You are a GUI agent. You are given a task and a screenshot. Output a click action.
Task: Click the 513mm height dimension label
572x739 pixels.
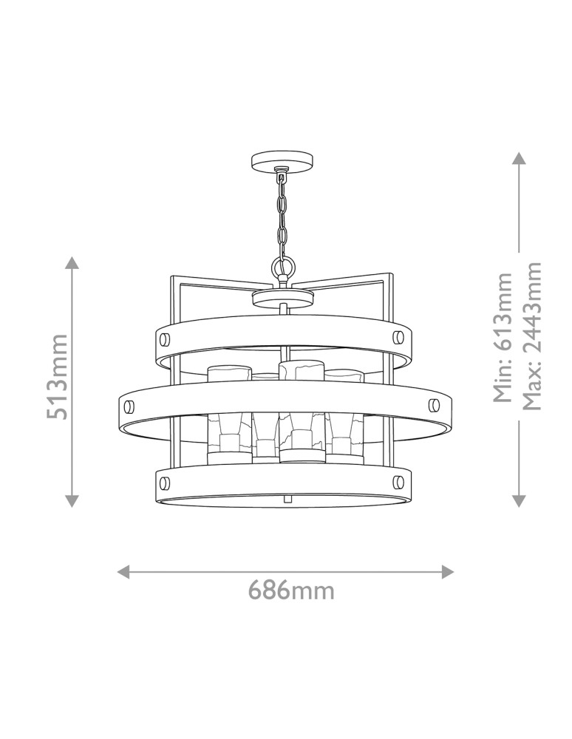pos(58,376)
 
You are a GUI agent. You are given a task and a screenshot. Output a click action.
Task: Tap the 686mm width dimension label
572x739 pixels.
pos(291,590)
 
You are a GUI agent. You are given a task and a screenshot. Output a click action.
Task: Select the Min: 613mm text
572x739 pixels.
pos(503,338)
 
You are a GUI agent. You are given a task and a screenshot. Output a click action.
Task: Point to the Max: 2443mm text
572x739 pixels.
pos(531,336)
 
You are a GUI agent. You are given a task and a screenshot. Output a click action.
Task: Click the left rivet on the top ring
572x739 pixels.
pos(165,338)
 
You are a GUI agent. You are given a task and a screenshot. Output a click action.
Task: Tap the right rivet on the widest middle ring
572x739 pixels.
pos(435,405)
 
